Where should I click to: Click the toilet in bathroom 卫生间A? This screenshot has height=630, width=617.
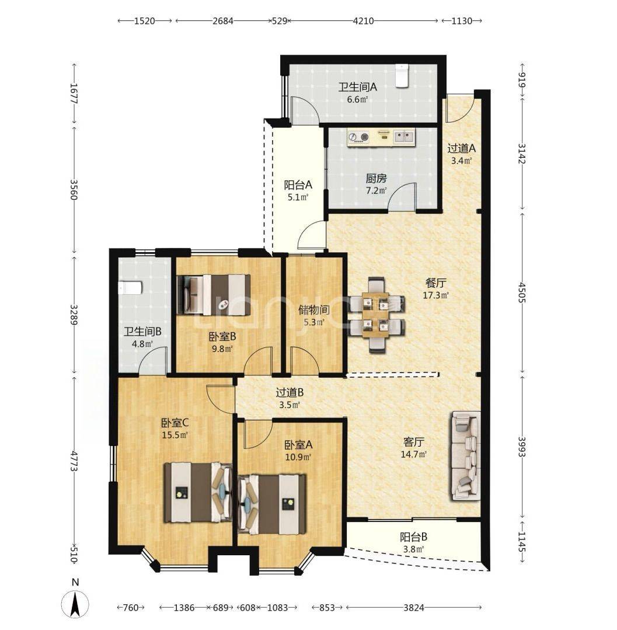401,75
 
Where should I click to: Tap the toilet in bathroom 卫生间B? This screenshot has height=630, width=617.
130,288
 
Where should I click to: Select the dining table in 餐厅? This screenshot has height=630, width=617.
375,315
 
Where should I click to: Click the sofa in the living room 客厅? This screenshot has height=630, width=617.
466,455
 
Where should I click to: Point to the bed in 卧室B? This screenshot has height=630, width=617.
213,295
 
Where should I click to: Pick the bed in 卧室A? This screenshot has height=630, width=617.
271,504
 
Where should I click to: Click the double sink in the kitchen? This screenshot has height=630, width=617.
404,137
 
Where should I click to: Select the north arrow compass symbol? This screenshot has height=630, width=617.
75,601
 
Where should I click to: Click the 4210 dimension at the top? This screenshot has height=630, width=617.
363,20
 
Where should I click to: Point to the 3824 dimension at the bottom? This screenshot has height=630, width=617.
413,607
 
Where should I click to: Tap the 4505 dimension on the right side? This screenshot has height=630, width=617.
521,292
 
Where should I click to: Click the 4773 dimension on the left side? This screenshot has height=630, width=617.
74,460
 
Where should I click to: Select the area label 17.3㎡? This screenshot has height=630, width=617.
435,295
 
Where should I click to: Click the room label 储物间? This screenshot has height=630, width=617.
314,310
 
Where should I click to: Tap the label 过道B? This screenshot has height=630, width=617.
290,392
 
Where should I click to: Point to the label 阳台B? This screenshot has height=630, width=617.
413,537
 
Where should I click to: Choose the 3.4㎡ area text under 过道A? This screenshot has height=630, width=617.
461,161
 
